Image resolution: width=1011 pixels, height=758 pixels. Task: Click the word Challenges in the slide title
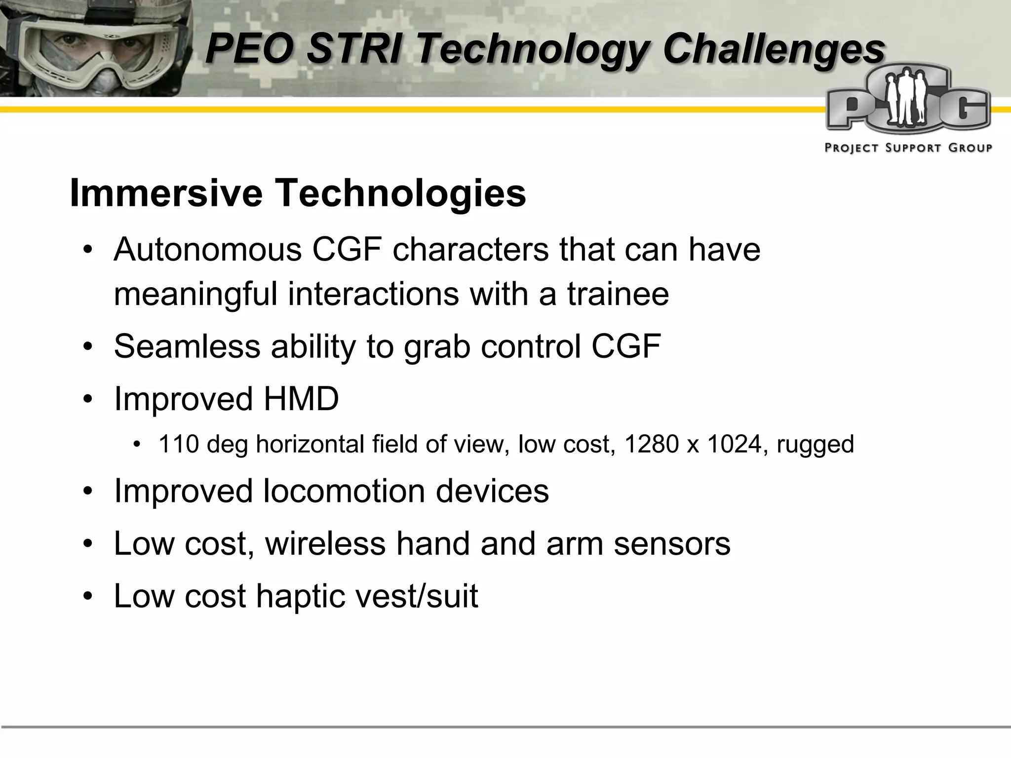click(774, 49)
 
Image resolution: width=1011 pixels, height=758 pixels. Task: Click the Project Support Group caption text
click(908, 148)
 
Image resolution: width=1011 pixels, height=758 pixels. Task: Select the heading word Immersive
click(166, 193)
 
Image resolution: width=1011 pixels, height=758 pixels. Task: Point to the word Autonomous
click(208, 249)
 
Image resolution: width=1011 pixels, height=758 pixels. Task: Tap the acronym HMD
click(301, 398)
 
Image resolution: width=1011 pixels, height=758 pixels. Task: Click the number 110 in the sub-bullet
click(178, 444)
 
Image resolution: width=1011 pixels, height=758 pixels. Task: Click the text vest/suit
click(417, 596)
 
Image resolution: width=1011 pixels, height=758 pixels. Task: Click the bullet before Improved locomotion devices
click(88, 492)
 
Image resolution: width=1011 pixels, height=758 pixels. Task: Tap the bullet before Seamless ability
click(88, 346)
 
